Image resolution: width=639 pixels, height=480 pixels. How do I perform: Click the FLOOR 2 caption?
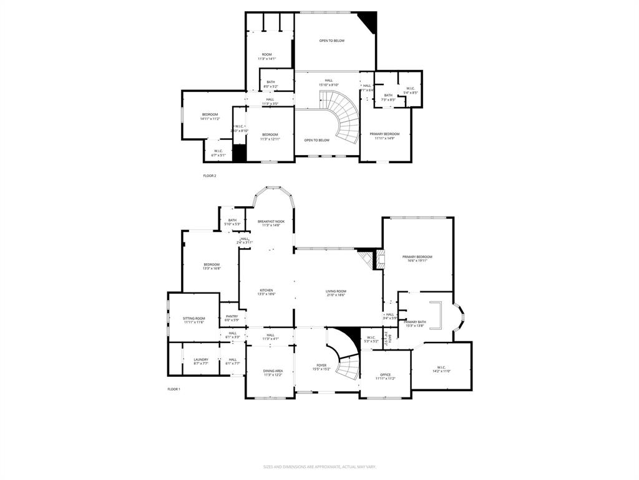(x=210, y=176)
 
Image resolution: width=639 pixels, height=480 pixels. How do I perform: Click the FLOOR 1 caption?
(x=173, y=389)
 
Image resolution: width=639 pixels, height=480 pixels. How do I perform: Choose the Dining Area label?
(x=273, y=372)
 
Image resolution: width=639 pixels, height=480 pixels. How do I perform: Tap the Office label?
(x=385, y=376)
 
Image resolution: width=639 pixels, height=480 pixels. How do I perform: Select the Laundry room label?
(x=200, y=361)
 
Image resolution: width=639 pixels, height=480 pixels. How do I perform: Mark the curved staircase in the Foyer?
(x=345, y=362)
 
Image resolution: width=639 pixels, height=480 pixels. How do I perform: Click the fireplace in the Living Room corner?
(x=378, y=259)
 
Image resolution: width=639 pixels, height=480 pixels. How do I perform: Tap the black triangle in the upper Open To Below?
(x=371, y=20)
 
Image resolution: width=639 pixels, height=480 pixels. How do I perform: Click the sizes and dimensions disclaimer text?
(x=319, y=467)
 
